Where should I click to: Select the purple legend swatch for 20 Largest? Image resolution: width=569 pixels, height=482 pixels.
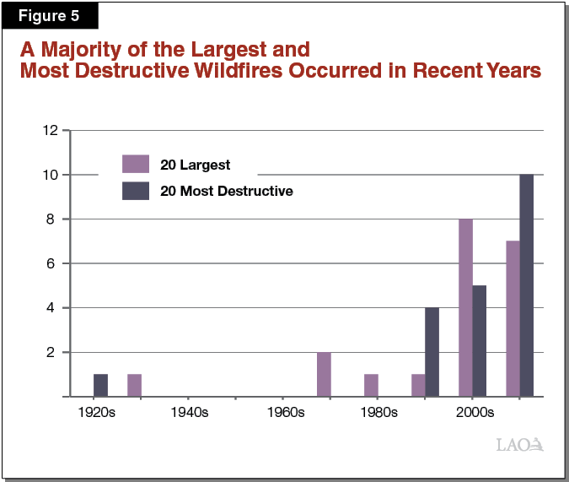(136, 164)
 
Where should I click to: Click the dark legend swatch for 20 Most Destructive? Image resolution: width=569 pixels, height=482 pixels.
(136, 191)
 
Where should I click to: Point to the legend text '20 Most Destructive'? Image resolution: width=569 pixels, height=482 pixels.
(227, 191)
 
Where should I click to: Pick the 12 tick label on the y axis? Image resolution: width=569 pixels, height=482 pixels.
(50, 131)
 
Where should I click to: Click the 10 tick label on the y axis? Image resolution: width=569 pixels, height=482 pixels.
(50, 175)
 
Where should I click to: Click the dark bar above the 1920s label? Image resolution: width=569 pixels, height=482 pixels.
(100, 385)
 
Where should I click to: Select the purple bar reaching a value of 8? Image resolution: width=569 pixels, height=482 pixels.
(465, 307)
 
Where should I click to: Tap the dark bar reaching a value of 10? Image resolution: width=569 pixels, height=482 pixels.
(527, 285)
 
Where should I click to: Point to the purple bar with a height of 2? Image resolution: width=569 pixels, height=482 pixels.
(324, 374)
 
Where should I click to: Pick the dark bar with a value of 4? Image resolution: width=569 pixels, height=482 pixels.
(432, 352)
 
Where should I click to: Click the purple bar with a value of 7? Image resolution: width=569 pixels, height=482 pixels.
(513, 318)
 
